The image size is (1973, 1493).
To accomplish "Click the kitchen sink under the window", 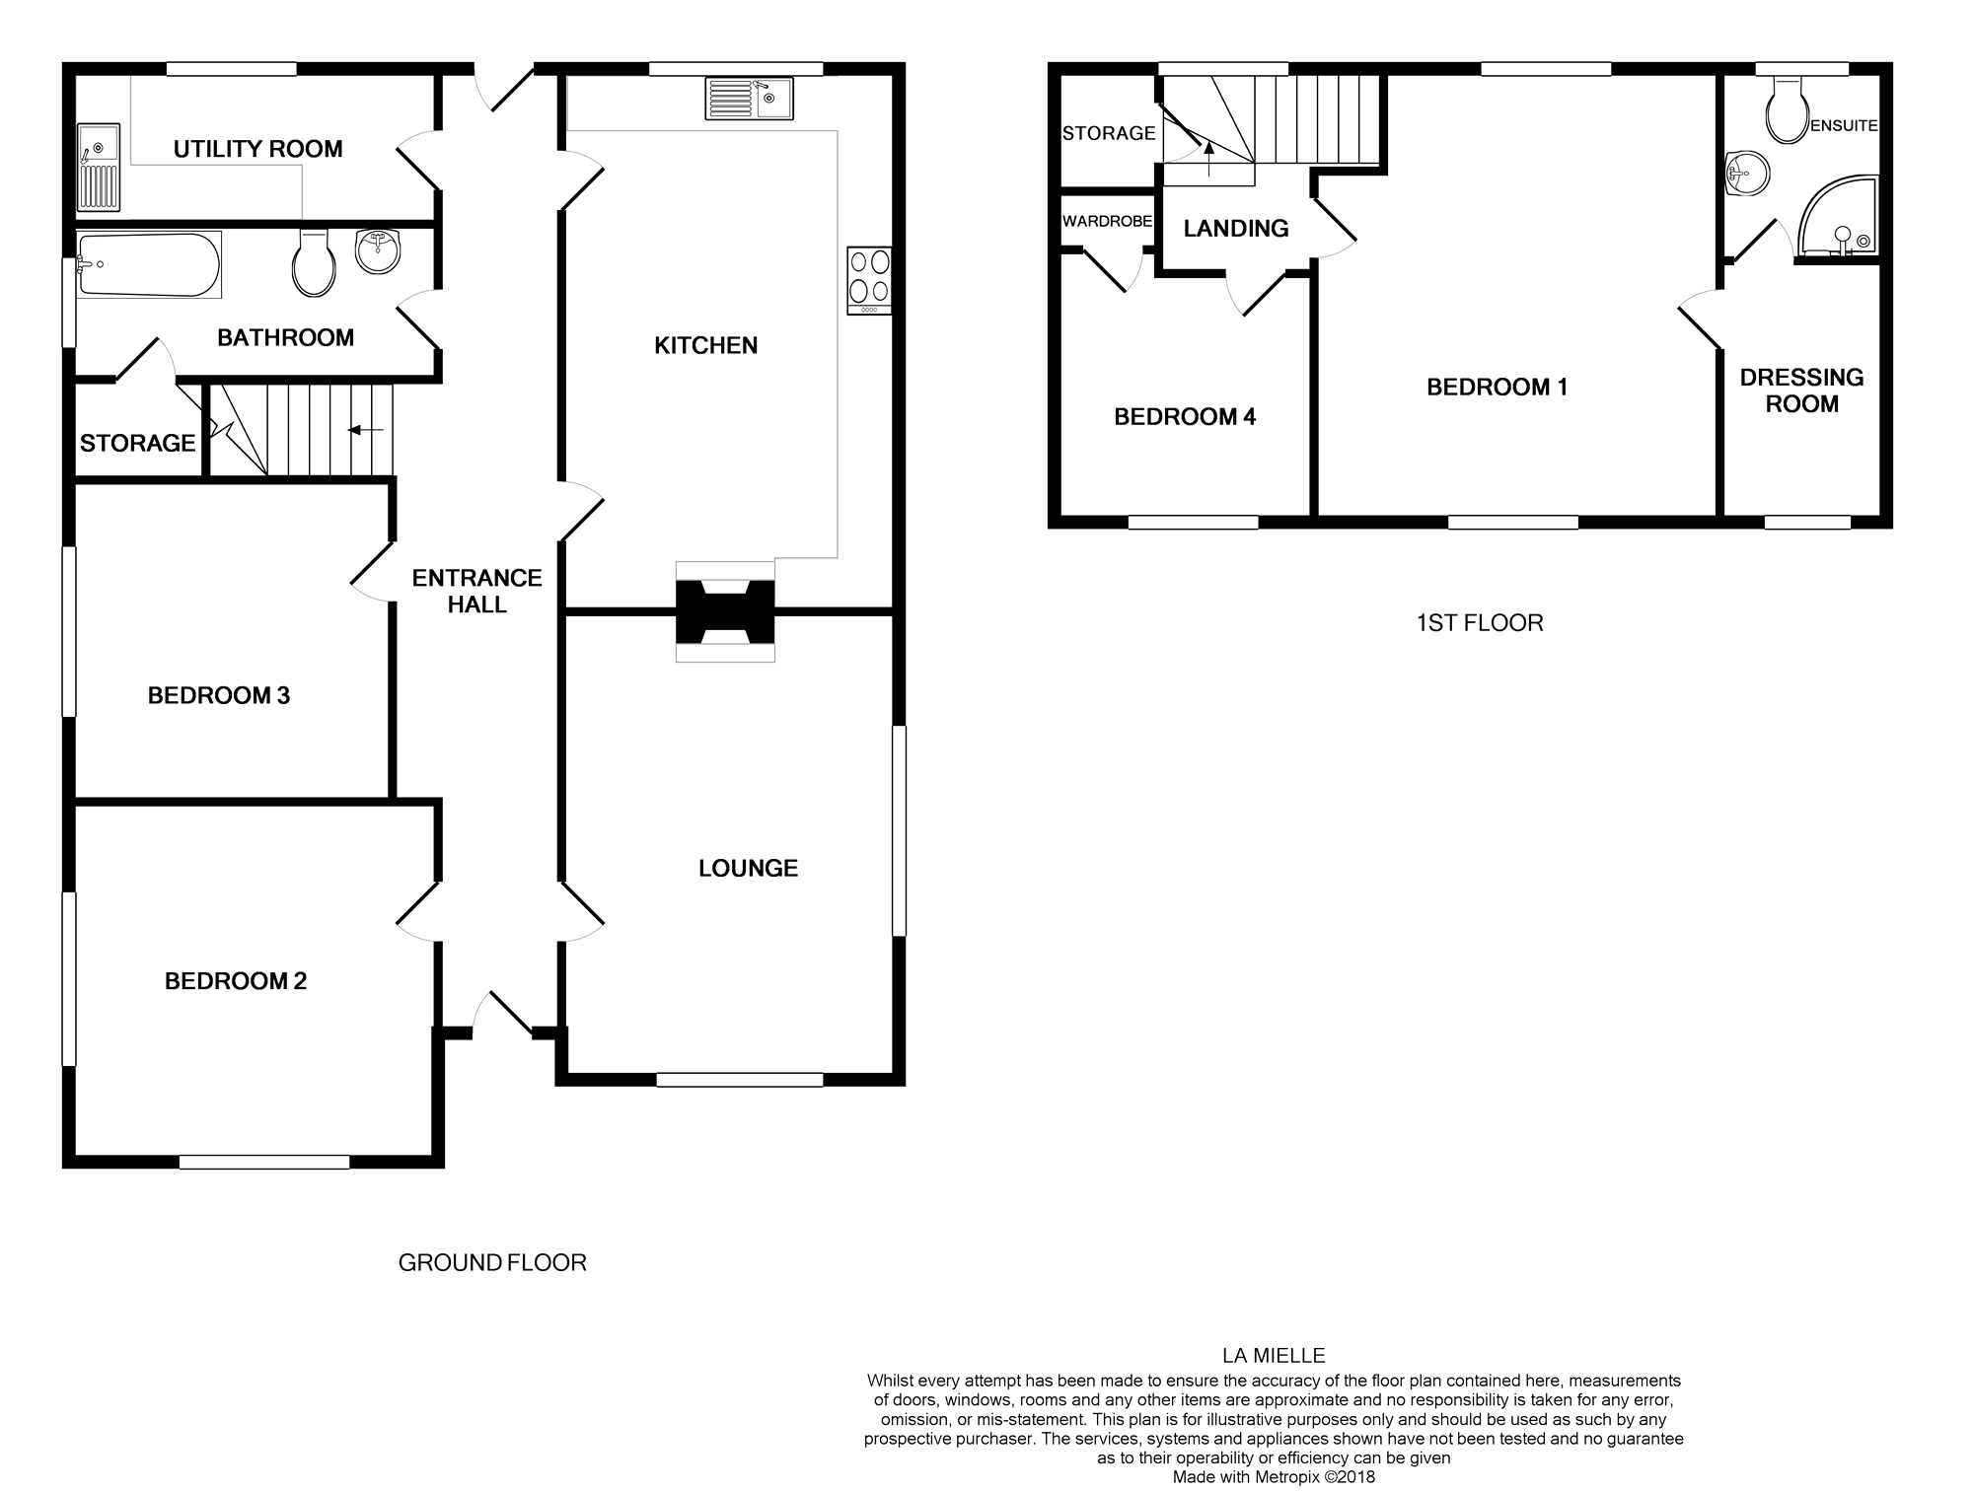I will tap(749, 99).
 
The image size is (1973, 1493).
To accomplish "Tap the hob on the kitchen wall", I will tap(869, 280).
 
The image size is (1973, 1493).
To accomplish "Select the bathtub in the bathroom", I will tap(148, 264).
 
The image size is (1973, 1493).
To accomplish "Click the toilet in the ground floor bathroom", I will tap(315, 264).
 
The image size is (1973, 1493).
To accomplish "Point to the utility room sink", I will tap(99, 168).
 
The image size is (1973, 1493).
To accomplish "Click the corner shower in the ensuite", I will tap(1837, 219).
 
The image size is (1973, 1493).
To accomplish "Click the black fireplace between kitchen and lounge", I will tap(725, 611).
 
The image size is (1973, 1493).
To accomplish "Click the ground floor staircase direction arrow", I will tap(366, 430).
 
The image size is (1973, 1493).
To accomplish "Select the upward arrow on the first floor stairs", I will tap(1208, 159).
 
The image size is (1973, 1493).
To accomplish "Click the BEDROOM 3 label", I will tap(219, 696).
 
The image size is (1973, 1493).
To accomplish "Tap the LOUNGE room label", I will tap(748, 869).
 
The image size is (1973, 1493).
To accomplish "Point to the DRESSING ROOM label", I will tap(1801, 391).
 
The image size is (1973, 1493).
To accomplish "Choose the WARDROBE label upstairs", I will tap(1107, 222).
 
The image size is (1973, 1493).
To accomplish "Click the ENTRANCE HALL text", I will tap(476, 592).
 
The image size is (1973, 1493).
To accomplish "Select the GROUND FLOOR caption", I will tap(492, 1263).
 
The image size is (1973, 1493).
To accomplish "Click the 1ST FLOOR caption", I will tap(1479, 623).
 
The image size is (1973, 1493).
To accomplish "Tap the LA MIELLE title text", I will tap(1274, 1356).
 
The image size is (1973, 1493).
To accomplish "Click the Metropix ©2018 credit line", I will tap(1274, 1477).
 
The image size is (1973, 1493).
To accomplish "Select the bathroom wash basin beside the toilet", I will tap(377, 251).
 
